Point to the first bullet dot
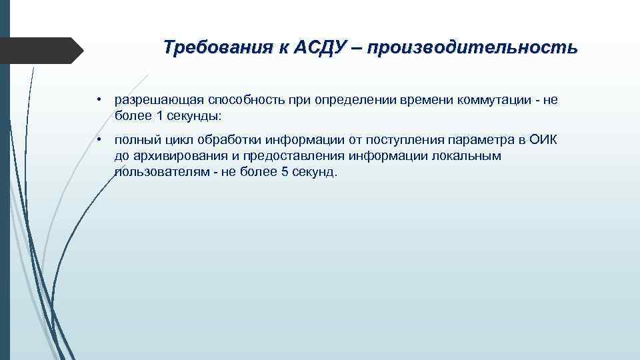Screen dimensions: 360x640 (x=97, y=100)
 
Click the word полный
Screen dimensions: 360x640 (x=135, y=141)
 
